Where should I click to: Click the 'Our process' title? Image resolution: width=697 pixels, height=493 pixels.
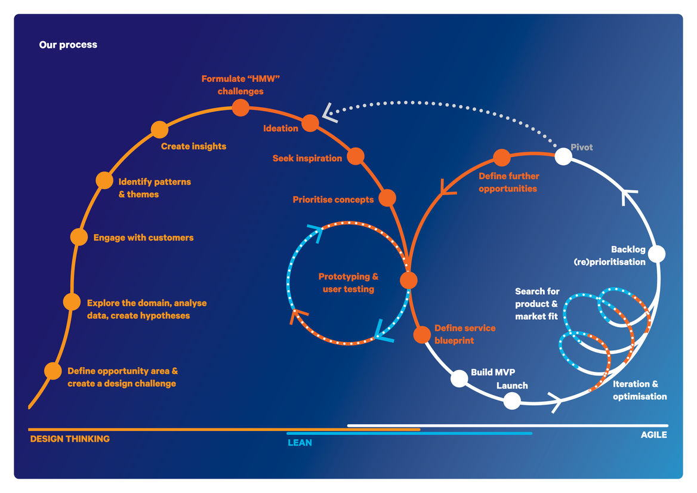pyautogui.click(x=68, y=45)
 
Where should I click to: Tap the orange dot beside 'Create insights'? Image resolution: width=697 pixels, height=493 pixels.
pyautogui.click(x=159, y=130)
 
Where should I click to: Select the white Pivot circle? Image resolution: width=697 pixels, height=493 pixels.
pyautogui.click(x=563, y=156)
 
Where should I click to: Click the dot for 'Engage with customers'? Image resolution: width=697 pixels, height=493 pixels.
pyautogui.click(x=79, y=237)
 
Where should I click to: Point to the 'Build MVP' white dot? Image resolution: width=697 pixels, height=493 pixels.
pyautogui.click(x=459, y=378)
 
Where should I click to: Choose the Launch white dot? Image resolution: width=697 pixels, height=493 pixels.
pyautogui.click(x=512, y=400)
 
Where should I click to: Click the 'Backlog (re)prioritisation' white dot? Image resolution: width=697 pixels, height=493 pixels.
pyautogui.click(x=656, y=254)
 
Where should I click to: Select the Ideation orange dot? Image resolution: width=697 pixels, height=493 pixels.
pyautogui.click(x=310, y=124)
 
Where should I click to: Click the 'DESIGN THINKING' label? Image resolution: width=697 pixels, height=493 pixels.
pyautogui.click(x=70, y=439)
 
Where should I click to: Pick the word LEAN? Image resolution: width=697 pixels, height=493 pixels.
pyautogui.click(x=300, y=443)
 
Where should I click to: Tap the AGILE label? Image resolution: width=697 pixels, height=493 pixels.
pyautogui.click(x=653, y=435)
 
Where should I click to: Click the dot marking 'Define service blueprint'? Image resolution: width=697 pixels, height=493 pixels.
pyautogui.click(x=422, y=335)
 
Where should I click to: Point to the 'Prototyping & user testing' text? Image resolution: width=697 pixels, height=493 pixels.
pyautogui.click(x=348, y=283)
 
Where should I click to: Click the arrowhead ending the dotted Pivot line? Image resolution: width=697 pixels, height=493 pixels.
pyautogui.click(x=328, y=112)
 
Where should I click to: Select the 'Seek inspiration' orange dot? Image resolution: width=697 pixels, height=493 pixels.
pyautogui.click(x=355, y=156)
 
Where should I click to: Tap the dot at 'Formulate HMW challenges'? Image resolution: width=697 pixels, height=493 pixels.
pyautogui.click(x=240, y=107)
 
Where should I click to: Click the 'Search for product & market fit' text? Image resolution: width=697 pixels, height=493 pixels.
pyautogui.click(x=537, y=304)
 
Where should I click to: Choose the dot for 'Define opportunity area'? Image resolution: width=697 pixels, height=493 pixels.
pyautogui.click(x=53, y=371)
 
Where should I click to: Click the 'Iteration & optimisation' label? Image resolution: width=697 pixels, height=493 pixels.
pyautogui.click(x=639, y=390)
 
